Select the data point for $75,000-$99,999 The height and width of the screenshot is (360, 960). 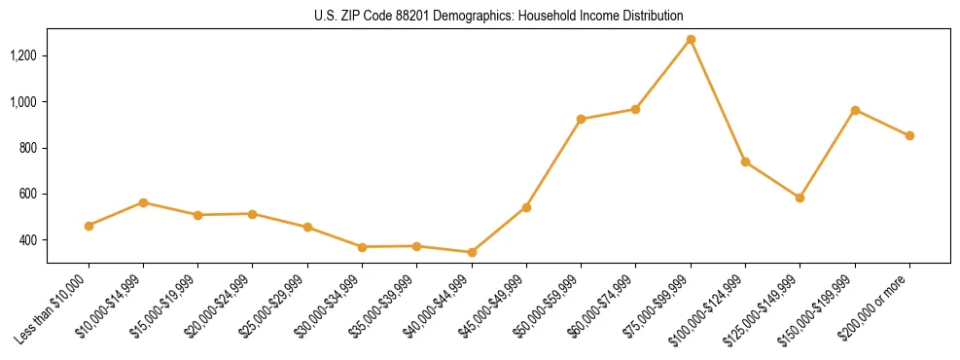pyautogui.click(x=691, y=40)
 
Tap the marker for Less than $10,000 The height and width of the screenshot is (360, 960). pyautogui.click(x=89, y=226)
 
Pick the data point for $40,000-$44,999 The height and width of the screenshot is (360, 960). pyautogui.click(x=472, y=252)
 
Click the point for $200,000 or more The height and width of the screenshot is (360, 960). pyautogui.click(x=909, y=135)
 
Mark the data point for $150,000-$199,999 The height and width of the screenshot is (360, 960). pyautogui.click(x=855, y=110)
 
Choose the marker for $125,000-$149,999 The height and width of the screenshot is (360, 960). pyautogui.click(x=800, y=198)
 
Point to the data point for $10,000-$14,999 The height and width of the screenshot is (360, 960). pyautogui.click(x=143, y=202)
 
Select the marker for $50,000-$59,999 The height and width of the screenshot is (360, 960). pyautogui.click(x=581, y=119)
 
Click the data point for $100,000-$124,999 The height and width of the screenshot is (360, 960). pyautogui.click(x=745, y=162)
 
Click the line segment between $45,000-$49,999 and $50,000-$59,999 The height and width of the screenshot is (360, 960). pyautogui.click(x=553, y=163)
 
